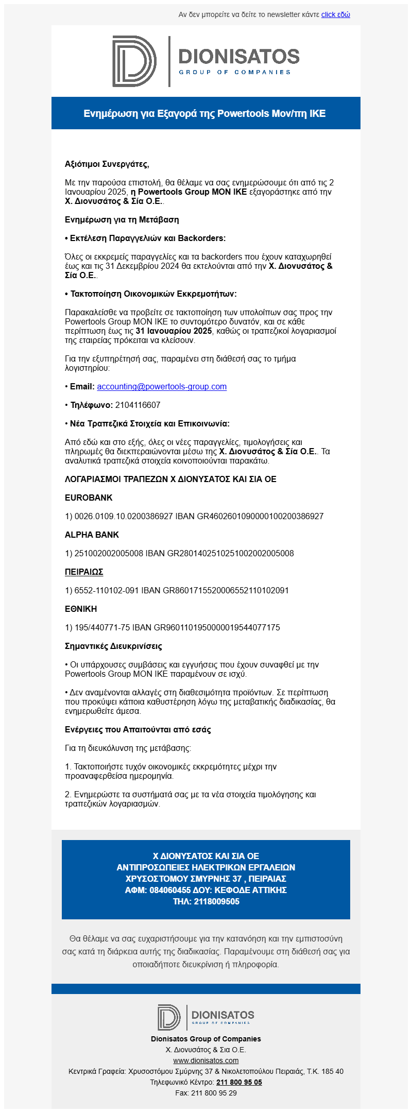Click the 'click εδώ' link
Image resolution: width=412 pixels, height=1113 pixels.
[335, 14]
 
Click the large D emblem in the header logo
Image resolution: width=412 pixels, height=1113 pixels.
[134, 61]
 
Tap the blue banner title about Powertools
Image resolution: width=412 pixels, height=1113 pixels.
[205, 113]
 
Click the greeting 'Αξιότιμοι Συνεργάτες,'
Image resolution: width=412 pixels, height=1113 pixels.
[107, 164]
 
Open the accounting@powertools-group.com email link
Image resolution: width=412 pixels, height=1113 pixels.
[162, 387]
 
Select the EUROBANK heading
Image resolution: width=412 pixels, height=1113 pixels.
[89, 498]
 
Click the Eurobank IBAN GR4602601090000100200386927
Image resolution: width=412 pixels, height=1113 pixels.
[260, 517]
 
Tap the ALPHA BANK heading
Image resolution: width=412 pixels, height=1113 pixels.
[92, 535]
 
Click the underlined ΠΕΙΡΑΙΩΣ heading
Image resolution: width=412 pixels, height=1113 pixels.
[84, 572]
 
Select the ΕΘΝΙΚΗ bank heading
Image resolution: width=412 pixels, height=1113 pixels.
[81, 609]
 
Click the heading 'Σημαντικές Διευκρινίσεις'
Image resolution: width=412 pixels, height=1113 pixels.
[113, 646]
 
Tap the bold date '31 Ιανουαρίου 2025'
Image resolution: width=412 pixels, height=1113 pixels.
[174, 331]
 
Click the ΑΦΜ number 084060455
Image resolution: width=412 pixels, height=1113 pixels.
[170, 890]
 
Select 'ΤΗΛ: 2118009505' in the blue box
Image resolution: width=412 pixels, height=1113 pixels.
[206, 901]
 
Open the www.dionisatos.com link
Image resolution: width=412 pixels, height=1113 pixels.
[206, 1060]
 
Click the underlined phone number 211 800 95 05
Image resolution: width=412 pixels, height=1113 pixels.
[239, 1082]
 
